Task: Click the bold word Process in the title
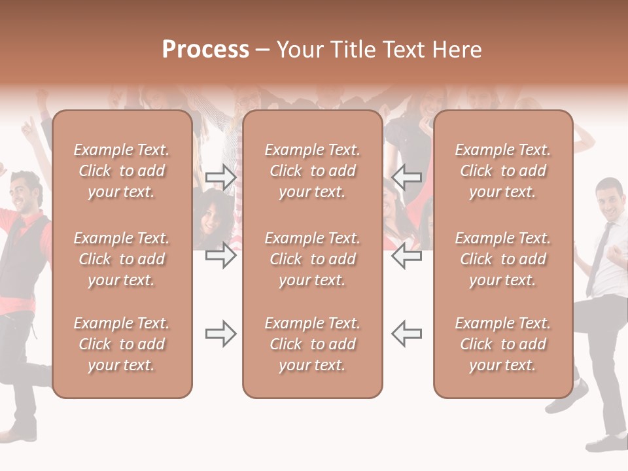pos(205,50)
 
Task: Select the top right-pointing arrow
pos(220,177)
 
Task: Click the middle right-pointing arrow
pos(220,256)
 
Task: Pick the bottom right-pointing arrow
pos(220,334)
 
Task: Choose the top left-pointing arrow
pos(407,177)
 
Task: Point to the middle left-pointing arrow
pos(407,256)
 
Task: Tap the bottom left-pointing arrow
pos(407,334)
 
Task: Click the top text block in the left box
pos(122,171)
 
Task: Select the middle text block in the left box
pos(122,259)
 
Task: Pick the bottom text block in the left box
pos(122,344)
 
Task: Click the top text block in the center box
pos(312,171)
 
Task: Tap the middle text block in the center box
pos(312,259)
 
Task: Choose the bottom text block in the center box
pos(312,344)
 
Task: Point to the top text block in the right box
pos(503,171)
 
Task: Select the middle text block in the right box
pos(503,259)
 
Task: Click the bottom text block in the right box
pos(503,344)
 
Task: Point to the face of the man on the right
pos(609,201)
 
